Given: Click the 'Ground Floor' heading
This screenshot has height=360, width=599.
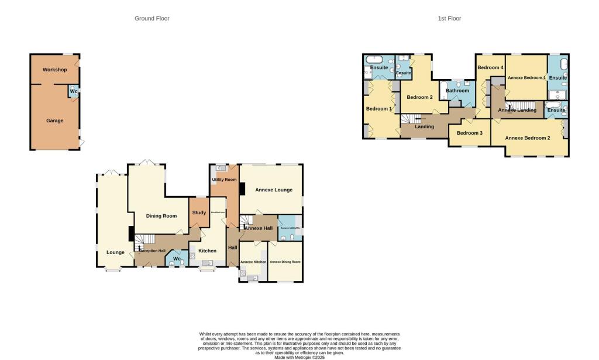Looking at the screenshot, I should (x=152, y=18).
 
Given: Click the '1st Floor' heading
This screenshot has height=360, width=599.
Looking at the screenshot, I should (x=449, y=18).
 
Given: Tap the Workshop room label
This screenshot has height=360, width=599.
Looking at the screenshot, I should (x=54, y=70).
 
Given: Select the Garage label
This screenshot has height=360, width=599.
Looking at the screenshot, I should (x=54, y=121).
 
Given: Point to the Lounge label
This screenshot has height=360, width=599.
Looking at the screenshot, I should (x=115, y=252).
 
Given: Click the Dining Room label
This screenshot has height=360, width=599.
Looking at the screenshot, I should (x=161, y=216).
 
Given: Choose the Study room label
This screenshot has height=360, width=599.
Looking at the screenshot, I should (x=199, y=212).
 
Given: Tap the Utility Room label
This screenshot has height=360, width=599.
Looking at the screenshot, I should (x=224, y=179).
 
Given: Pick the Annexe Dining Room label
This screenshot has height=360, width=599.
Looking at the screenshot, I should (x=285, y=262).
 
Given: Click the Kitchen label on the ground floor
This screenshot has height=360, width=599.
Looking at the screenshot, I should (x=207, y=251).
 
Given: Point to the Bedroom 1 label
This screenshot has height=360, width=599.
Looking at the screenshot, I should (x=378, y=109).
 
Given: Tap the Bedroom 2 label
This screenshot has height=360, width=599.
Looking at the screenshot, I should (x=419, y=97).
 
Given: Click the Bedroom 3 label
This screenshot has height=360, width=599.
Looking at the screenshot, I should (x=469, y=133).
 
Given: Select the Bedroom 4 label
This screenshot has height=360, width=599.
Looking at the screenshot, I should (x=490, y=67).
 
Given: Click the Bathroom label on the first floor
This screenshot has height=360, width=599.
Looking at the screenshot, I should (x=457, y=91).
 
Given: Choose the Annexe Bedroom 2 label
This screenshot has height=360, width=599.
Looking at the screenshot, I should (x=528, y=138).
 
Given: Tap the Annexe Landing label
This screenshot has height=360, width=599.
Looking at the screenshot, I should (x=517, y=110).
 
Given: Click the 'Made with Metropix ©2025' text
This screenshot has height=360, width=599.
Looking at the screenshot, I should (x=299, y=357).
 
